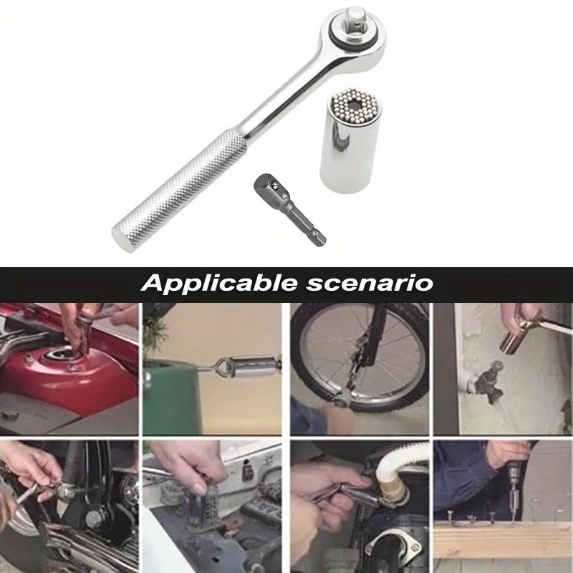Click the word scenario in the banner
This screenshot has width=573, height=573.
tap(370, 284)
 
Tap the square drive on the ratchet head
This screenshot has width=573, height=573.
tap(354, 19)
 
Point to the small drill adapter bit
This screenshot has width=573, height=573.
tap(290, 210)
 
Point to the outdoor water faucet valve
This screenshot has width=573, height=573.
tap(488, 382)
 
